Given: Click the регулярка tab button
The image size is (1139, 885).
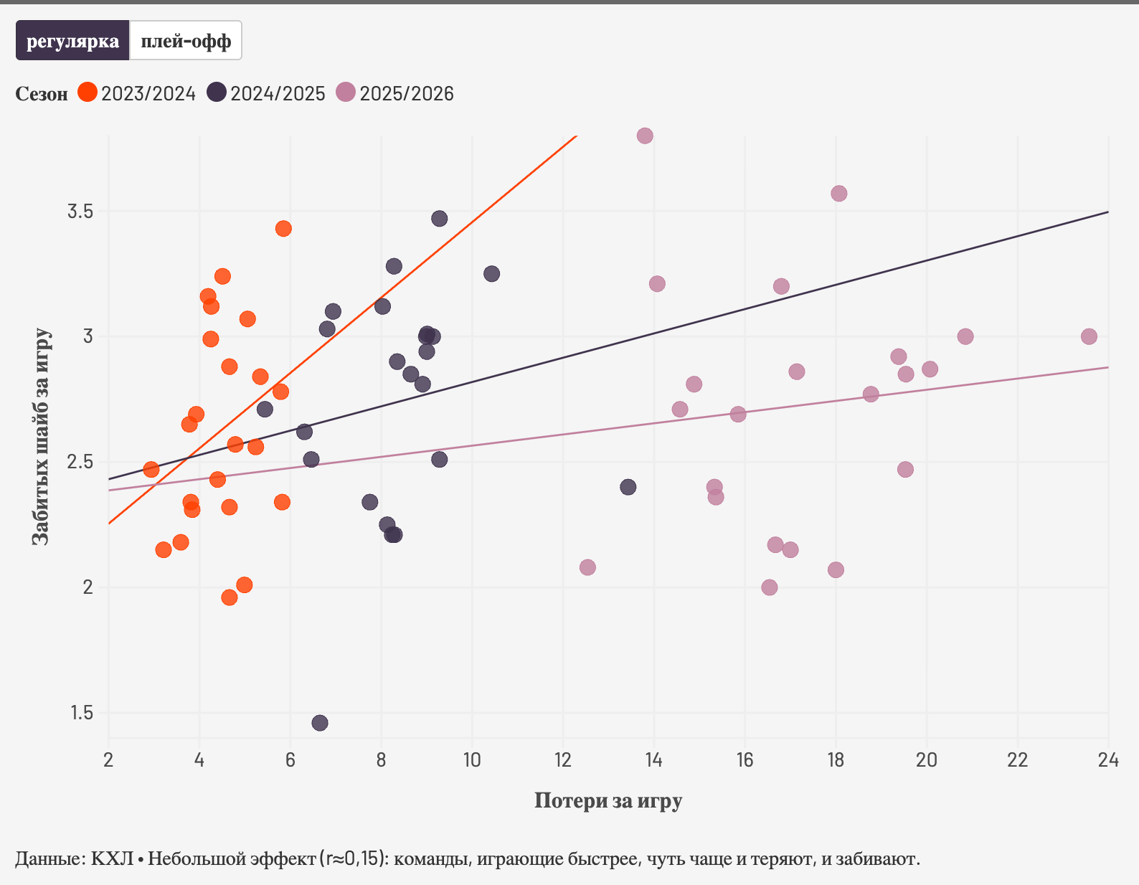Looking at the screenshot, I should [x=72, y=41].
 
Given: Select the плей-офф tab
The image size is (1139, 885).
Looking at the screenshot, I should [x=186, y=41].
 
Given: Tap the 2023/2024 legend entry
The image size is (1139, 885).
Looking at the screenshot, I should [x=136, y=93].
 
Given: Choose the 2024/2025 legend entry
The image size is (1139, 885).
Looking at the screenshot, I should [x=266, y=93].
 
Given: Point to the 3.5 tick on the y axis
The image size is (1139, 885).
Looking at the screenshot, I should [x=80, y=212].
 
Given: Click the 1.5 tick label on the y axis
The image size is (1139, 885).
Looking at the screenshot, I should [x=81, y=713].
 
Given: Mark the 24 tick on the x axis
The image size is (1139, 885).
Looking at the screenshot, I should [x=1108, y=760].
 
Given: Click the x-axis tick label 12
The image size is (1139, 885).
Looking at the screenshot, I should [x=563, y=760].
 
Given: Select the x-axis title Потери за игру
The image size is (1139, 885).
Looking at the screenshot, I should [x=608, y=800].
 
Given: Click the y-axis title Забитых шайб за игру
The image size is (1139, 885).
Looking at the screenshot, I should [x=42, y=436].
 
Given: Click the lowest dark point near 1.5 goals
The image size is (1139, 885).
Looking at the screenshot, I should [x=320, y=723].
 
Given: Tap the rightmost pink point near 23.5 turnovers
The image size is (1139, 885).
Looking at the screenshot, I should [x=1089, y=336].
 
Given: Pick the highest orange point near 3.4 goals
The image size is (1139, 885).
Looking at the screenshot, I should [x=283, y=229].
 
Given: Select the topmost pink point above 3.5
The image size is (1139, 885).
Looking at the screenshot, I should [x=645, y=136].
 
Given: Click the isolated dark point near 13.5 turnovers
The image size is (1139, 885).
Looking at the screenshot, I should [x=628, y=487].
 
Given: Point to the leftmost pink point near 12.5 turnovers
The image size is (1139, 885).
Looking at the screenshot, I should [x=587, y=567].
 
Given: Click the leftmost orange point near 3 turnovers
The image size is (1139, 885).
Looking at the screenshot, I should [x=151, y=470].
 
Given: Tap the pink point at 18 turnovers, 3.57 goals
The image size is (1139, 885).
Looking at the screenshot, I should [x=839, y=194].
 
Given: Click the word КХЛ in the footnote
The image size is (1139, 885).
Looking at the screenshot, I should [x=112, y=858].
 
